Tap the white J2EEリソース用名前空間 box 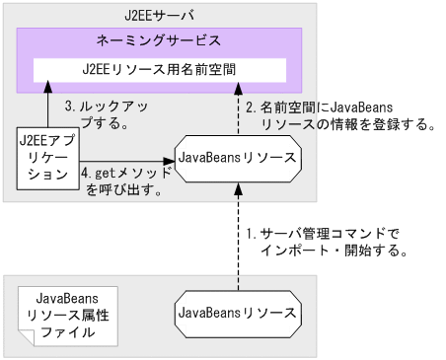(160, 71)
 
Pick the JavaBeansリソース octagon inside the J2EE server (237, 159)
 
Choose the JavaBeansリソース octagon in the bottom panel (237, 313)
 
